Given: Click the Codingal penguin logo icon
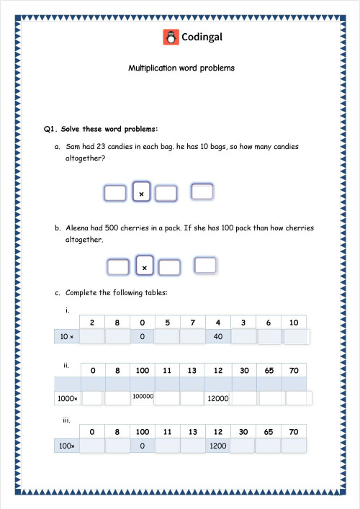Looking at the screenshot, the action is coord(170,37).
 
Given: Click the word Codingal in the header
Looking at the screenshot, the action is coord(199,37).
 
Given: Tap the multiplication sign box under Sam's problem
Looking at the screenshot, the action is coord(142,193).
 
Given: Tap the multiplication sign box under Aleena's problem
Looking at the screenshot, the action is coord(145,267).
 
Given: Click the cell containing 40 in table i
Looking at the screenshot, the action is coord(218,336).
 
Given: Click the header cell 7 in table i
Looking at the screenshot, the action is coord(192,323).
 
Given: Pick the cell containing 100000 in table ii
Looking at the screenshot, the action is coord(143,396).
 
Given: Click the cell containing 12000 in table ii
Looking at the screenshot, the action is coord(217,397).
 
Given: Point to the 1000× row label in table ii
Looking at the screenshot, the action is coord(66,397).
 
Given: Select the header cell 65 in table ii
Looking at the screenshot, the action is coord(269,369).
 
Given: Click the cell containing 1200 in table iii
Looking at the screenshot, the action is coord(218,446).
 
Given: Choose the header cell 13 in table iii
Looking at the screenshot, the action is coord(192,432).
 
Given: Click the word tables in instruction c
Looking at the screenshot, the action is coord(158,293).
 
